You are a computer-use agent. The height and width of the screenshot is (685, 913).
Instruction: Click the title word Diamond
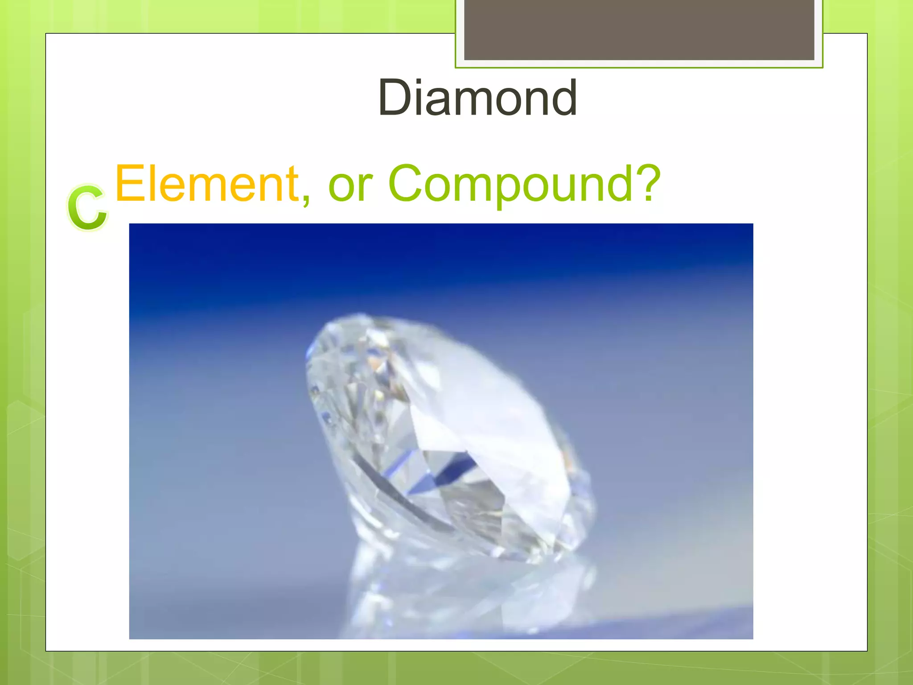click(477, 97)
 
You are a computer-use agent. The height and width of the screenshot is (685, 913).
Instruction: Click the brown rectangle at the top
click(639, 29)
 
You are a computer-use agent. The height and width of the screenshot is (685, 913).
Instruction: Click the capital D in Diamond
click(395, 97)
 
